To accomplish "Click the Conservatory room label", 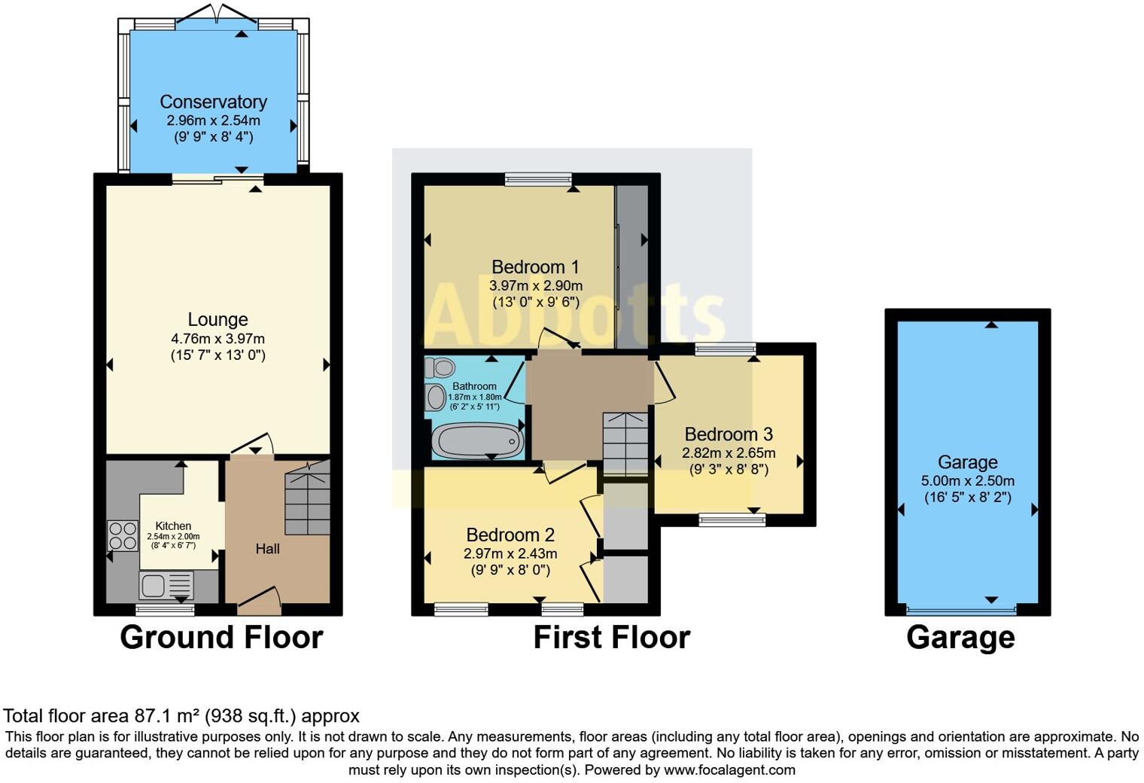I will [213, 102].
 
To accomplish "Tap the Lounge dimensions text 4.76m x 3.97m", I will [218, 339].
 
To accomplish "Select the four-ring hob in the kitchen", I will [123, 536].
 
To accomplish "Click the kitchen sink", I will [166, 585].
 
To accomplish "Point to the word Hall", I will [267, 549].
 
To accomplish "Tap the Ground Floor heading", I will [221, 637].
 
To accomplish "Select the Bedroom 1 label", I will [535, 267].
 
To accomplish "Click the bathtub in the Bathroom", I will [477, 440].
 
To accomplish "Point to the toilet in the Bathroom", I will [441, 367].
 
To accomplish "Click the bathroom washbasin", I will [435, 397].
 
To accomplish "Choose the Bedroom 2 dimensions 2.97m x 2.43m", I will [510, 553].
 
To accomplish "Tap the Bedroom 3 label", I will [729, 434].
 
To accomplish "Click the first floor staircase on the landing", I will [625, 444].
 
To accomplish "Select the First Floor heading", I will [611, 637].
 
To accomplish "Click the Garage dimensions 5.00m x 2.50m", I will [967, 480].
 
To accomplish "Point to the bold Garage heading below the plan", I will [960, 637].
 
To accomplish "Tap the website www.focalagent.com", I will [729, 770].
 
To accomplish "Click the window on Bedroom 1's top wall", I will [538, 178].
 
